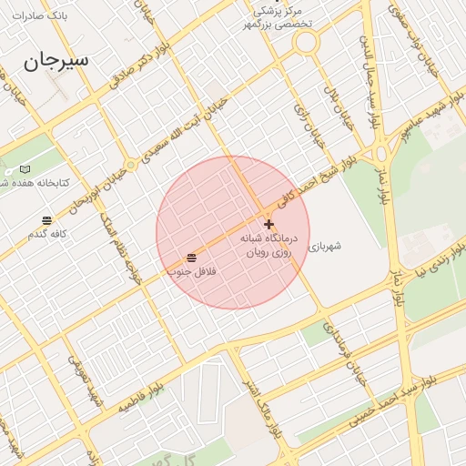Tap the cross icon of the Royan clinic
point(268,224)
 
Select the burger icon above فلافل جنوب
point(191,258)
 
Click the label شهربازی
point(325,246)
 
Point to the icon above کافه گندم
point(46,220)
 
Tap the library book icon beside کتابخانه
point(25,169)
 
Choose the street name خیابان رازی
point(301,118)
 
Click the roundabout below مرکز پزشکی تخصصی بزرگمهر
point(306,43)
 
